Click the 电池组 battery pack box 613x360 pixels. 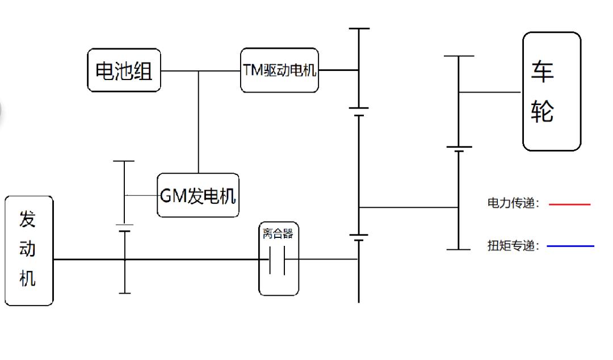point(124,70)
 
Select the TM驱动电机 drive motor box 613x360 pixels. point(279,71)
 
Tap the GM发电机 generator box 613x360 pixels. point(198,196)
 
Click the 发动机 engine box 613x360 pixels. point(28,250)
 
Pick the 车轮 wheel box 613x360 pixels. point(551,91)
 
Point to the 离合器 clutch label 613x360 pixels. point(278,233)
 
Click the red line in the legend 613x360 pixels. point(570,204)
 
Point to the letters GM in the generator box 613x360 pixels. point(171,196)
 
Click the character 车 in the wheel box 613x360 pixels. point(543,71)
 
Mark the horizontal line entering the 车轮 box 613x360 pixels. point(490,92)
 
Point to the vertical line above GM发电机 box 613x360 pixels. point(198,122)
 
